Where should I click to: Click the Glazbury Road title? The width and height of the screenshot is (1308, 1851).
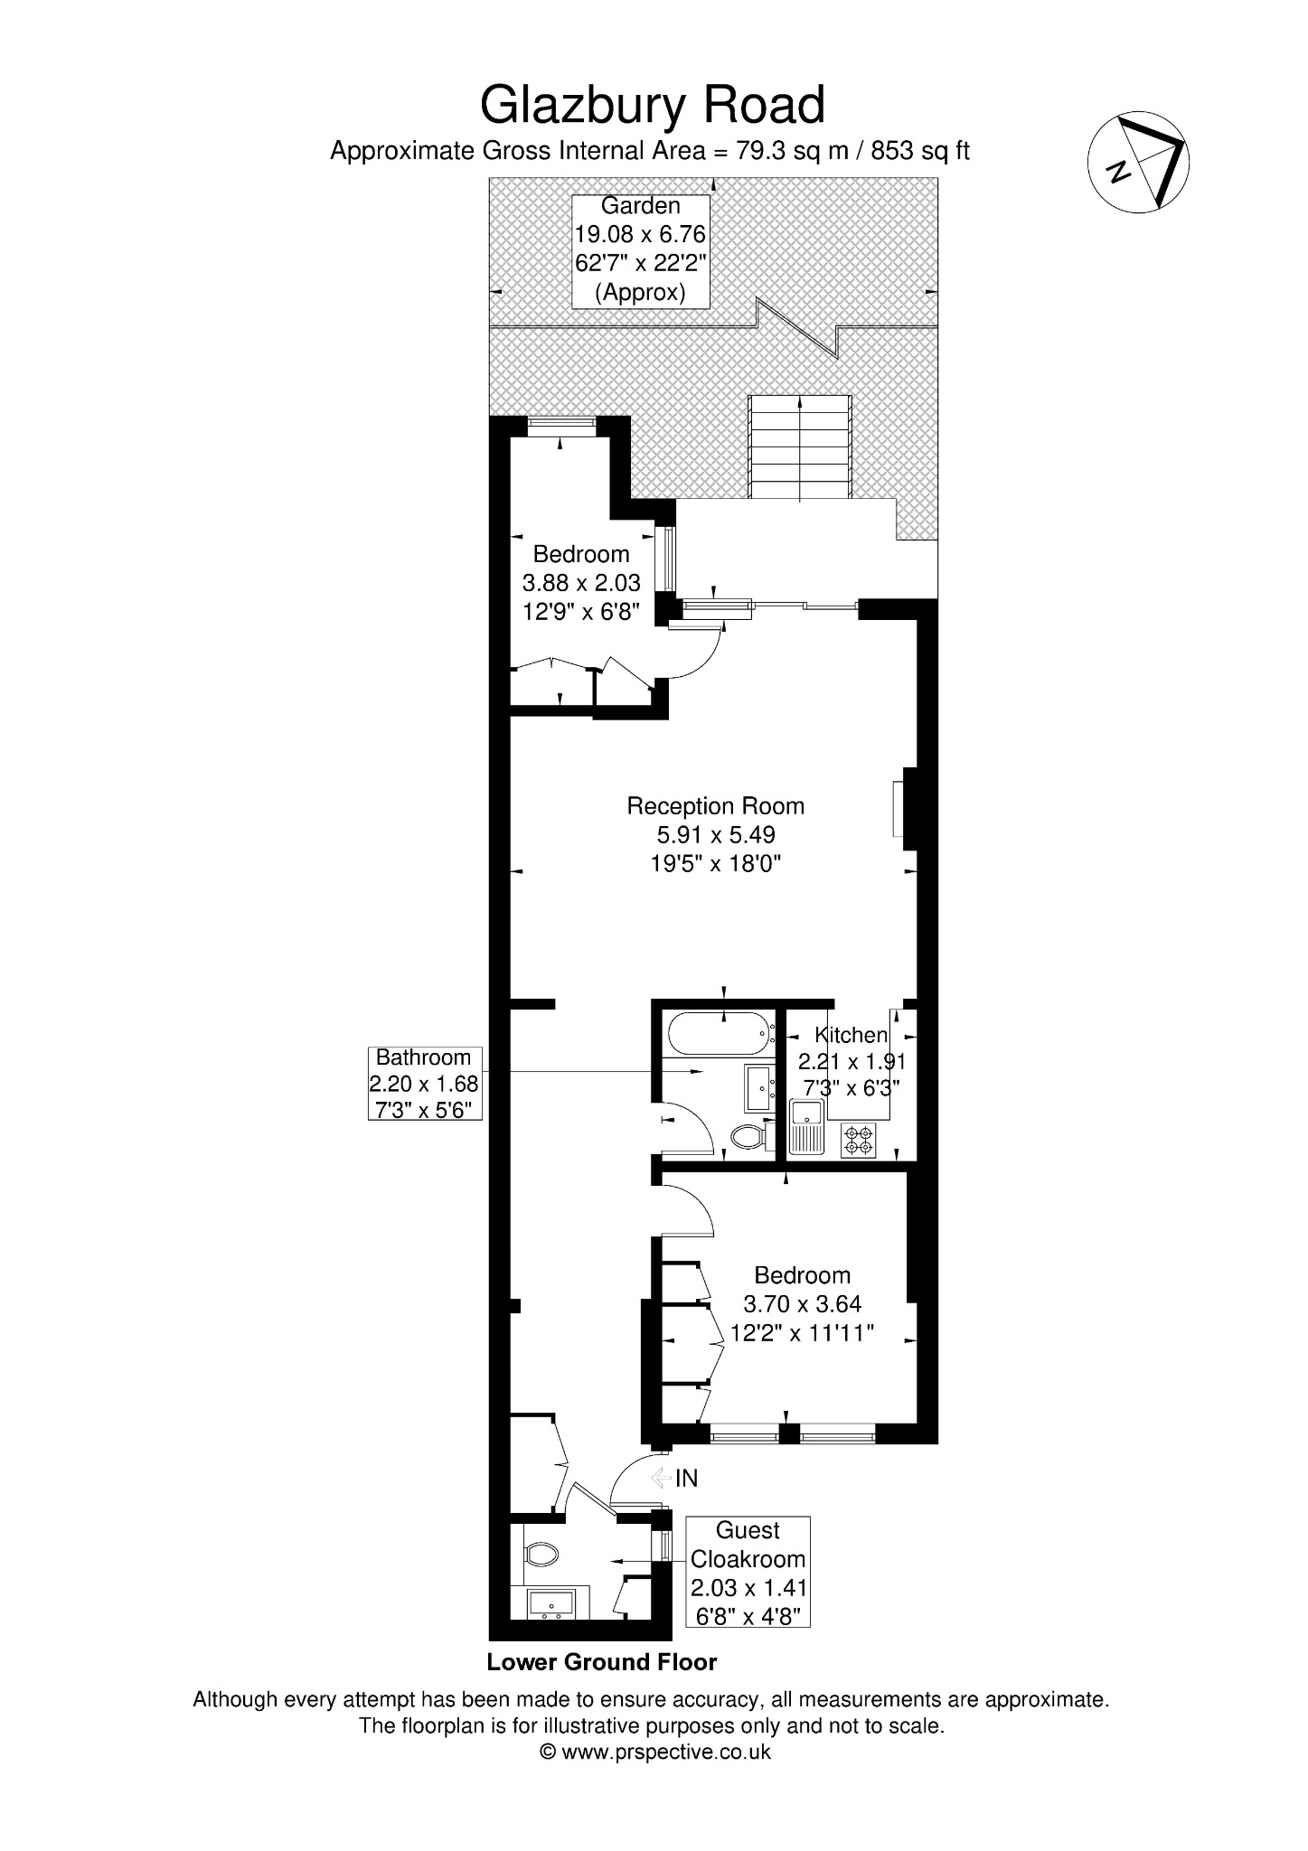(x=652, y=106)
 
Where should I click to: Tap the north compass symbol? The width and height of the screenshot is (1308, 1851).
(x=1138, y=164)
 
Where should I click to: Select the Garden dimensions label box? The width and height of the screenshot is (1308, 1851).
(x=640, y=249)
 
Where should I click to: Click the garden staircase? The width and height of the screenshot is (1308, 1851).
(x=800, y=446)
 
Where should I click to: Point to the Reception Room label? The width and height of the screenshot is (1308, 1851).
(x=715, y=806)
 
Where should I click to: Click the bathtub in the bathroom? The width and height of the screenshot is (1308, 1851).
(x=719, y=1033)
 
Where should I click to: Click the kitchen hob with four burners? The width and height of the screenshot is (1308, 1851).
(x=858, y=1140)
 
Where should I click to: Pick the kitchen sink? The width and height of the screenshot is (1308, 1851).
(x=805, y=1128)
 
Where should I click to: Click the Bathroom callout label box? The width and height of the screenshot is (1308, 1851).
(x=424, y=1083)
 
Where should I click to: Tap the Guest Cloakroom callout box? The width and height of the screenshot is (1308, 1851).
(x=748, y=1572)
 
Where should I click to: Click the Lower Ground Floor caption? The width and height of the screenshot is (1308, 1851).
(x=601, y=1662)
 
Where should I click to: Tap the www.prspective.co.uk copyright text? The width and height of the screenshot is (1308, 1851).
(x=655, y=1752)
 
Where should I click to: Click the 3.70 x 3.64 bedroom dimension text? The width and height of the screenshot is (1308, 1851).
(x=802, y=1304)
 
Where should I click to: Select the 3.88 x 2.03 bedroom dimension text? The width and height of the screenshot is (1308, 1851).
(x=581, y=583)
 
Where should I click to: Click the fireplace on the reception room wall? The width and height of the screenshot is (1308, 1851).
(x=906, y=807)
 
